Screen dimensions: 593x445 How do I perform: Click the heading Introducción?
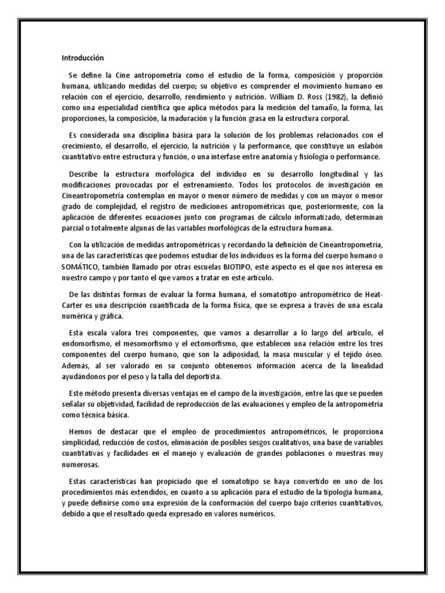pos(82,58)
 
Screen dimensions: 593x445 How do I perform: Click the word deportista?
pos(183,376)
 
